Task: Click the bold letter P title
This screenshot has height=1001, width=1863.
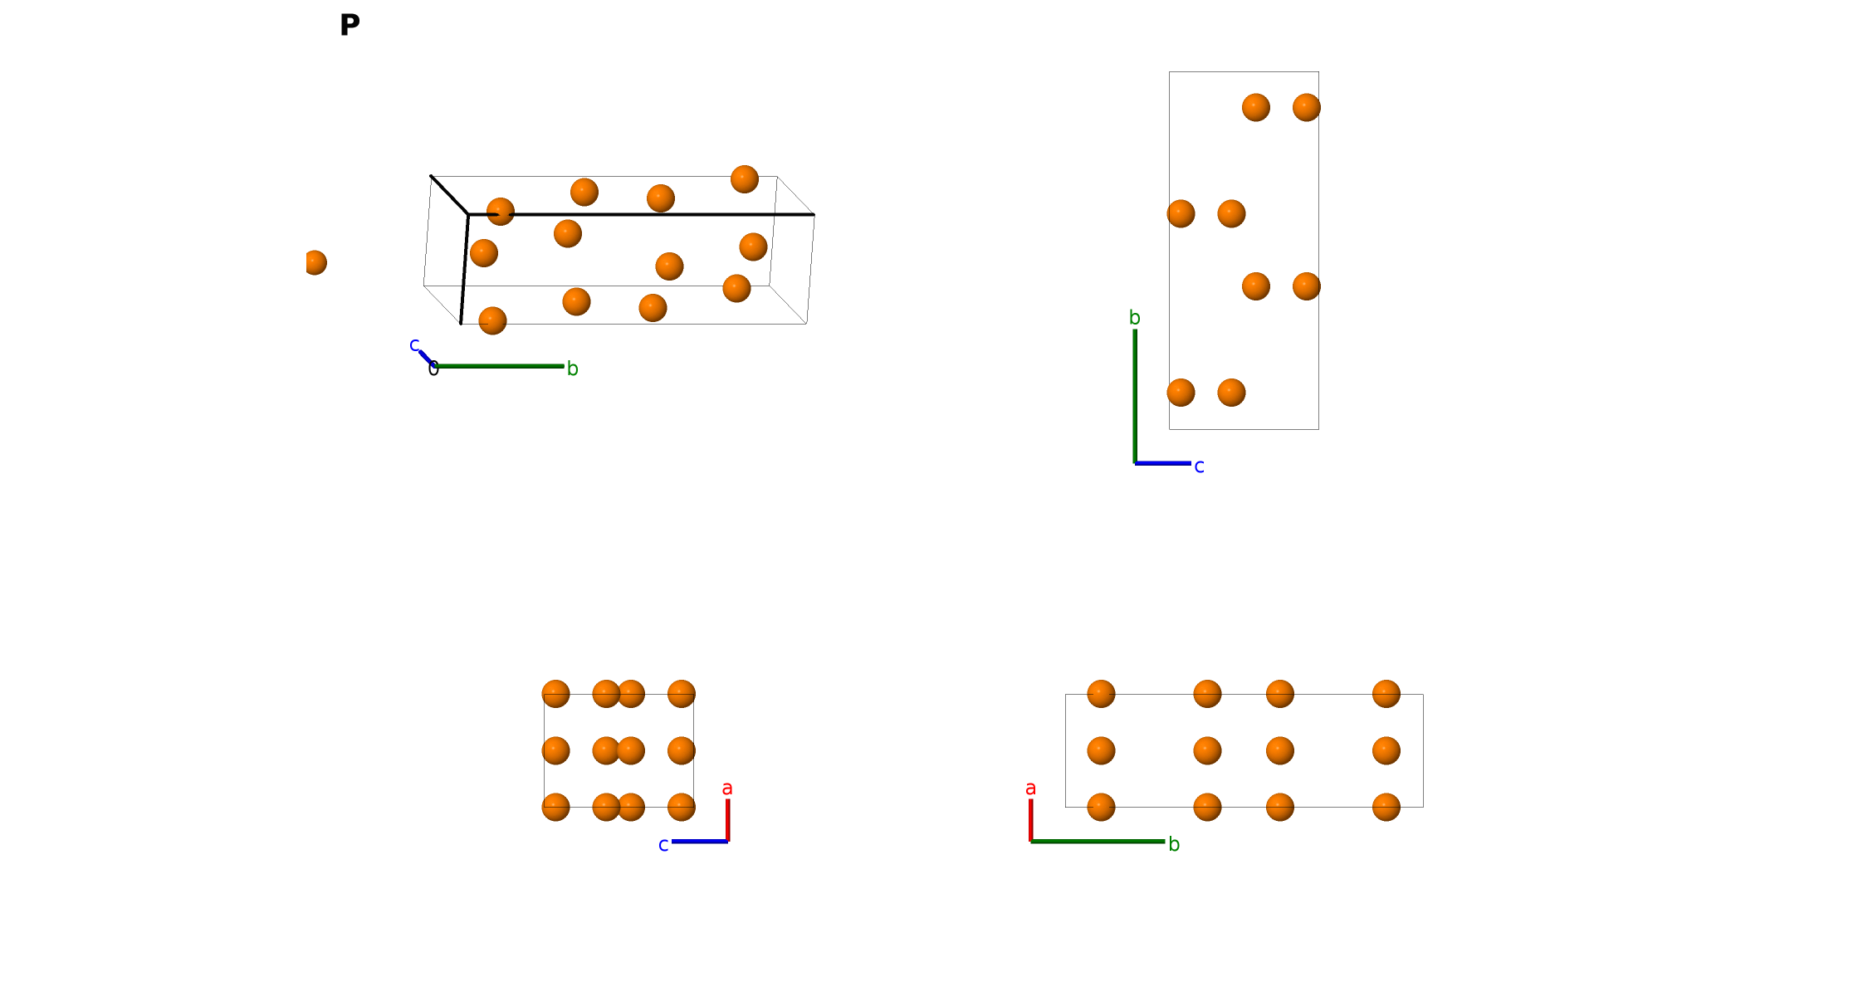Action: click(x=350, y=25)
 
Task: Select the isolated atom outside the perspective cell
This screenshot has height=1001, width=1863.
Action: click(x=315, y=262)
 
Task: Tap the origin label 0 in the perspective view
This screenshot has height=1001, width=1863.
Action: click(x=433, y=369)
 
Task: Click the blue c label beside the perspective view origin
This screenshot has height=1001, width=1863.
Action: click(x=414, y=344)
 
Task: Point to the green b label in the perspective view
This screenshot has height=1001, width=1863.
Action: click(x=572, y=369)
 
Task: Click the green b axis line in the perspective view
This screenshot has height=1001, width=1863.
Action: click(x=498, y=366)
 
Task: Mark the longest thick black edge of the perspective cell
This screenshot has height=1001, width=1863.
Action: click(x=641, y=214)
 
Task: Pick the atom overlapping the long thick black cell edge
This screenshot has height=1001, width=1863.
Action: click(x=501, y=212)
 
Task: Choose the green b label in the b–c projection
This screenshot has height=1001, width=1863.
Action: click(x=1134, y=317)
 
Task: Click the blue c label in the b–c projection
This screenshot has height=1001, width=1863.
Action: click(x=1199, y=466)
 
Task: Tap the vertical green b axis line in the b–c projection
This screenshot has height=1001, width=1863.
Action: click(x=1135, y=396)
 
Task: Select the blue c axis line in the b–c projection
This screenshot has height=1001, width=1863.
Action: click(x=1162, y=463)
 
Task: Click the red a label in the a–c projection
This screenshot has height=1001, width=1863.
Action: click(x=727, y=788)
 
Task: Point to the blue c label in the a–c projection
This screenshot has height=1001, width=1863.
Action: click(x=663, y=845)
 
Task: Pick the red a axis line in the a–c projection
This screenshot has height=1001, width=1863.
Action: click(x=727, y=820)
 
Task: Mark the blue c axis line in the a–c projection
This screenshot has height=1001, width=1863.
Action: click(x=700, y=842)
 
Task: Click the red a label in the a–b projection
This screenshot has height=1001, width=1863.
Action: click(x=1030, y=788)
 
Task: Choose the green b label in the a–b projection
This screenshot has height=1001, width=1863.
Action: click(x=1174, y=844)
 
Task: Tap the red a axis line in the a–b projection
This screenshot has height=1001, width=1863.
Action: click(x=1031, y=820)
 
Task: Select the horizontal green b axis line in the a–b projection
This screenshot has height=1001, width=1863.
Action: click(x=1098, y=842)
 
